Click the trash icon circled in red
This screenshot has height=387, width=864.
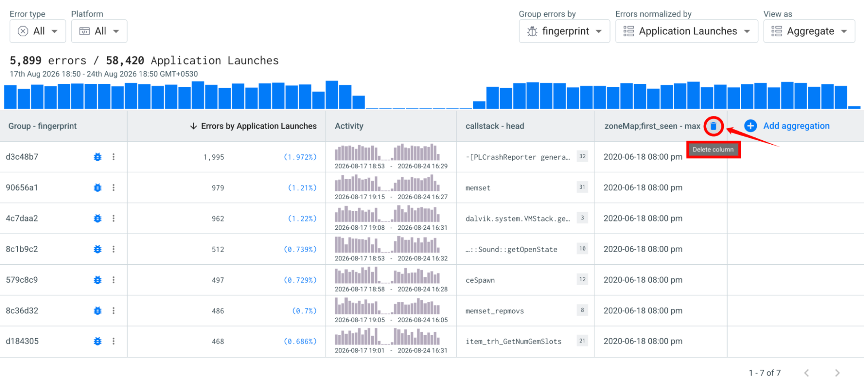tap(713, 126)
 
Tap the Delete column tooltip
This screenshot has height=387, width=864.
tap(713, 149)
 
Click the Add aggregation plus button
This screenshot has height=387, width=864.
tap(750, 126)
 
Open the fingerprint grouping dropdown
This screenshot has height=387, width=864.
tap(564, 31)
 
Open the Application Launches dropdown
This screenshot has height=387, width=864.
tap(686, 31)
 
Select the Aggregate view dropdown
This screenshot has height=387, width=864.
tap(809, 31)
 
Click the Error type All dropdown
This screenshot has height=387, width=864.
tap(38, 31)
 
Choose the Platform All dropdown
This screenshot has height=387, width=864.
tap(99, 31)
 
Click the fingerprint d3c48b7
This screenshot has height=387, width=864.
tap(22, 157)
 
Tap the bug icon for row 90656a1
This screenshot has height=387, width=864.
tap(98, 187)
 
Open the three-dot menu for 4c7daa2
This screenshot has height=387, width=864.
tap(114, 218)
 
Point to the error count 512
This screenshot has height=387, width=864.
tap(218, 249)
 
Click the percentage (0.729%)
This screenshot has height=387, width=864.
tap(300, 280)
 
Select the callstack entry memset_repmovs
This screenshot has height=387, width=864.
tap(494, 311)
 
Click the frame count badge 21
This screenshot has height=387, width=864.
tap(582, 341)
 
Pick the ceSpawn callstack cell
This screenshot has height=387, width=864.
tap(480, 280)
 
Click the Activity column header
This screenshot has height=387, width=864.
tap(349, 126)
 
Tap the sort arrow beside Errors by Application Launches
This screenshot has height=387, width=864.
tap(193, 126)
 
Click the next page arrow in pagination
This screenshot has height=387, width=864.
tap(837, 373)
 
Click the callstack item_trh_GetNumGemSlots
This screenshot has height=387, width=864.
tap(513, 342)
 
